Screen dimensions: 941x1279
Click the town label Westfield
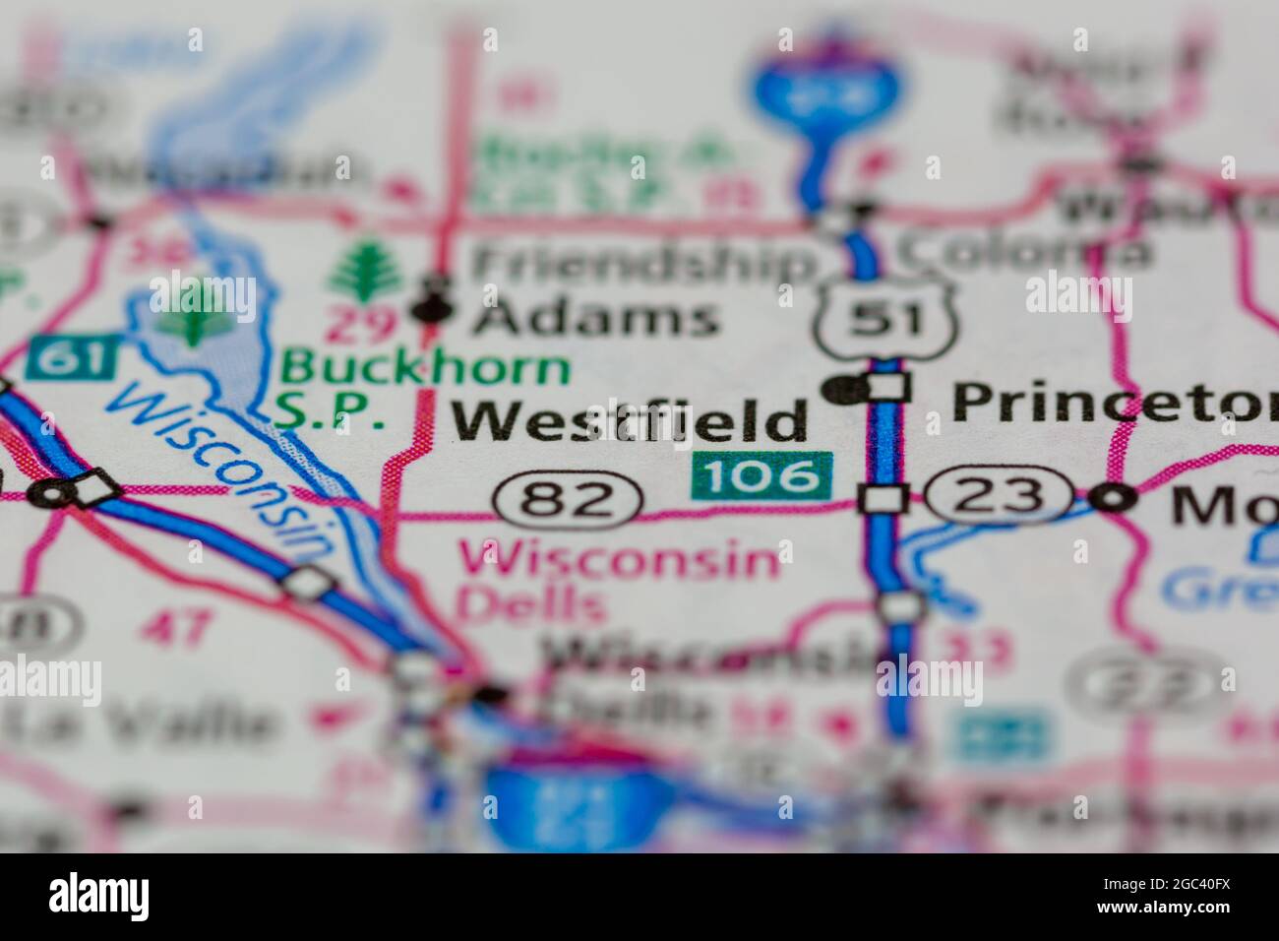point(630,420)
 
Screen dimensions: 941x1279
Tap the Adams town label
point(593,317)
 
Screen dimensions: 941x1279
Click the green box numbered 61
point(75,357)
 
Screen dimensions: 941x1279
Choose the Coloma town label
point(1023,254)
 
